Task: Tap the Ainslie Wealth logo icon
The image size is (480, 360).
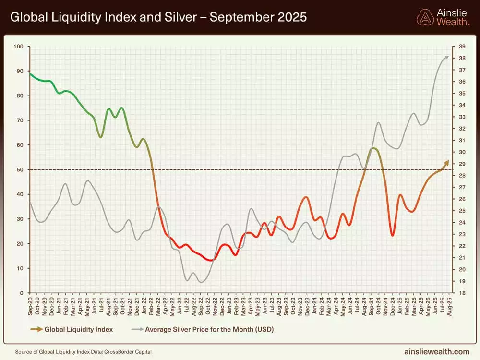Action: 425,17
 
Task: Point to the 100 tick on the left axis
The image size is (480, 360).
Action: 19,47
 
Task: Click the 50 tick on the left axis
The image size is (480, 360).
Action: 20,170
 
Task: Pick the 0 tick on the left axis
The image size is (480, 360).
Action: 22,293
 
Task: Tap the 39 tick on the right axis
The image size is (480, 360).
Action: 462,47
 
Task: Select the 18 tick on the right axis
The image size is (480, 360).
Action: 462,293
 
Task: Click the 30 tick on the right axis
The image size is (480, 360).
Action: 462,152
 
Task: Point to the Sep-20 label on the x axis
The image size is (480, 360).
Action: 30,305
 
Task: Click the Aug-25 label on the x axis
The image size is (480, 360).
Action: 449,305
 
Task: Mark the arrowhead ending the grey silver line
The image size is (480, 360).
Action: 447,57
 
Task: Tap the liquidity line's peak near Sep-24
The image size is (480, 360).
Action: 373,149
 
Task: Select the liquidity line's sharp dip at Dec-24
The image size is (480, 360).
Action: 393,235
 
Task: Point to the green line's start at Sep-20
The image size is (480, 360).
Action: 30,73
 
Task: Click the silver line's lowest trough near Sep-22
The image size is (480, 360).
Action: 201,282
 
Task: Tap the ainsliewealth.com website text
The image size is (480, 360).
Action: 437,352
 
